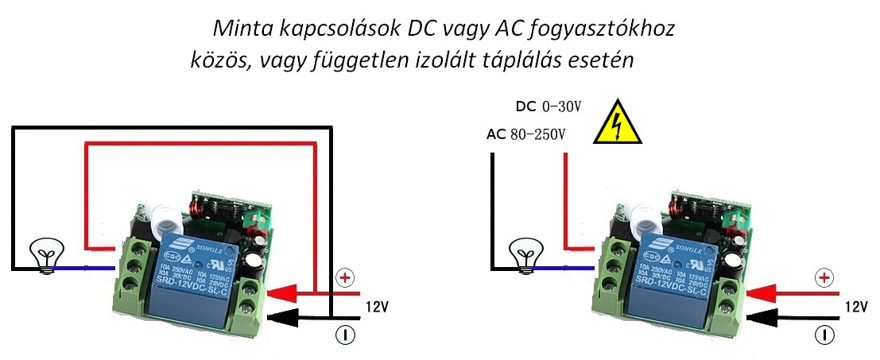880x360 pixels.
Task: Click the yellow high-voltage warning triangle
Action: click(x=617, y=122)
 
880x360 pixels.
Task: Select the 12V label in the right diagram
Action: click(x=856, y=306)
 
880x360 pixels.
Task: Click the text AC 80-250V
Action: click(x=525, y=134)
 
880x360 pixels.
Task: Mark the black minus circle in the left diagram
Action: click(x=345, y=335)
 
